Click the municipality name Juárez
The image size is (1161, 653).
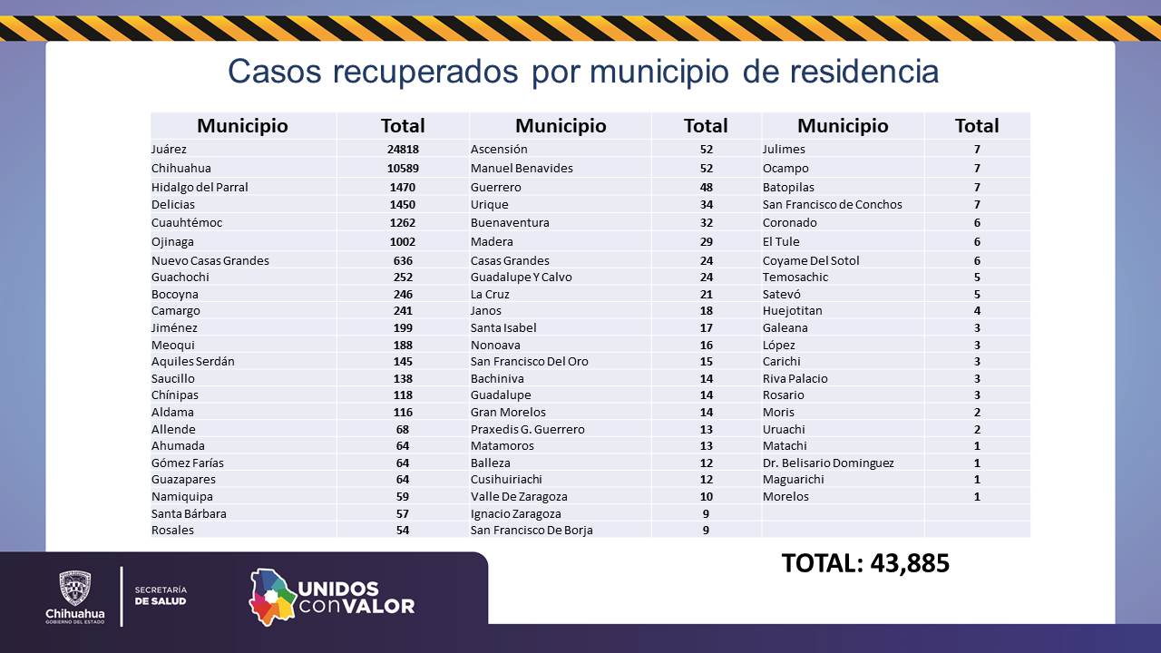click(169, 149)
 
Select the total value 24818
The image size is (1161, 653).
click(403, 149)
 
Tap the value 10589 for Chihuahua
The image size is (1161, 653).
click(403, 168)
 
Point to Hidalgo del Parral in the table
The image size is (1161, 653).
click(200, 187)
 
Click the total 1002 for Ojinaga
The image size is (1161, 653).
click(403, 241)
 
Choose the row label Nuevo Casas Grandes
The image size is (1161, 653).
click(210, 260)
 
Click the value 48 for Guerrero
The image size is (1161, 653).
click(706, 187)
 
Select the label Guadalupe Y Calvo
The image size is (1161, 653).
click(521, 277)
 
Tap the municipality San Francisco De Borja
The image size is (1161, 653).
click(532, 530)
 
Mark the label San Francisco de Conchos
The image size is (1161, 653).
click(832, 204)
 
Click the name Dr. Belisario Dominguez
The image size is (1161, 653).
click(828, 463)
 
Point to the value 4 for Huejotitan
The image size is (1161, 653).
click(977, 310)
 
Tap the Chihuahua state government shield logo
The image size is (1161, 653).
click(74, 588)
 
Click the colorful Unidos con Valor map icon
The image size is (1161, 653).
click(272, 597)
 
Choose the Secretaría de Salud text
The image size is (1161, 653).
click(160, 595)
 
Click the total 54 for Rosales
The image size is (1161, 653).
click(403, 530)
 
